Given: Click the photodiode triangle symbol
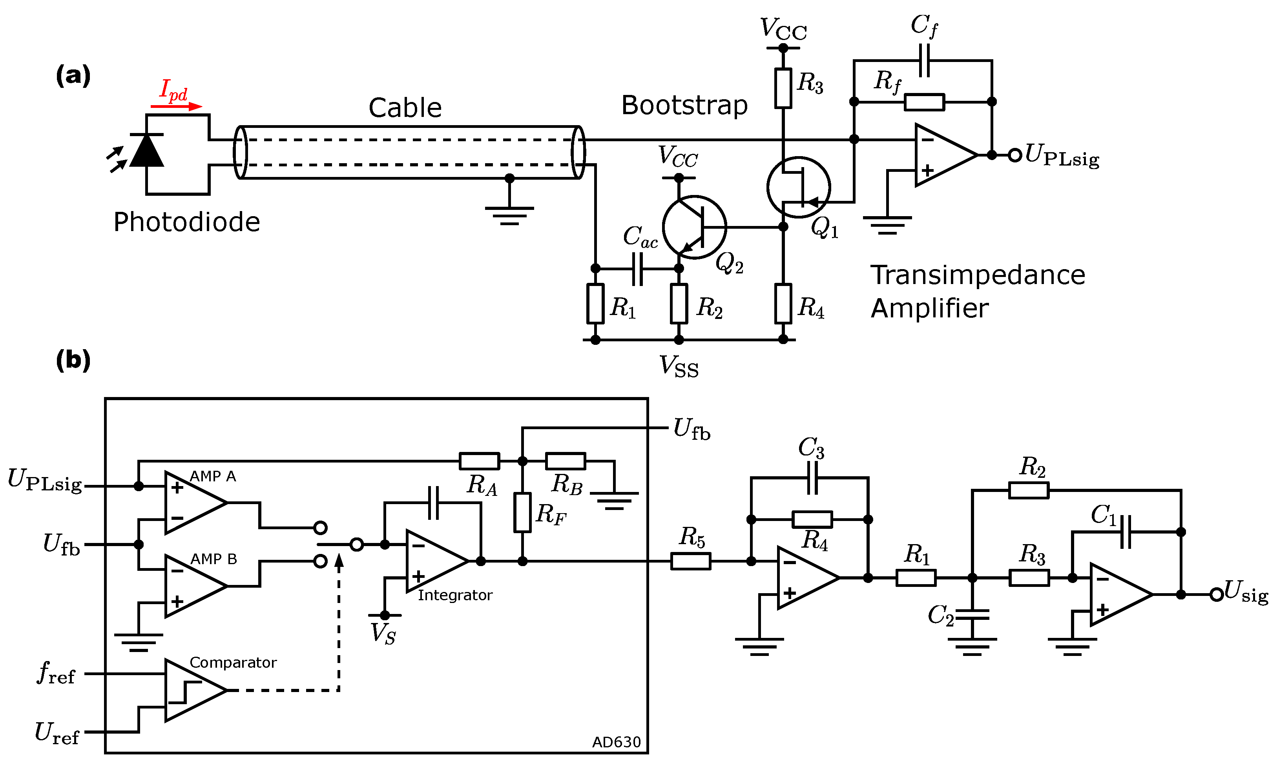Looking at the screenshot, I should pyautogui.click(x=146, y=151).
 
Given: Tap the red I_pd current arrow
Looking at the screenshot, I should pyautogui.click(x=176, y=107).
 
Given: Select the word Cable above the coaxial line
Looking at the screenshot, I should pyautogui.click(x=405, y=108).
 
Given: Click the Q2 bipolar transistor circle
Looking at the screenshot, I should pyautogui.click(x=694, y=227).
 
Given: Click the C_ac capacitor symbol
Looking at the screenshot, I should pyautogui.click(x=637, y=269).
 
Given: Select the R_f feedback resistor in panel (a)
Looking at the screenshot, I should pyautogui.click(x=924, y=102).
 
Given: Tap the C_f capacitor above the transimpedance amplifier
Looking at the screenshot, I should pyautogui.click(x=924, y=60).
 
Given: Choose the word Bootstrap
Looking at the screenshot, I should pyautogui.click(x=684, y=105).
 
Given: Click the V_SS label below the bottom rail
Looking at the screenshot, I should pyautogui.click(x=679, y=366).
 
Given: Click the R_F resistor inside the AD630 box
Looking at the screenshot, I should pyautogui.click(x=522, y=512).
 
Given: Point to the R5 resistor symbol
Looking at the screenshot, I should pyautogui.click(x=690, y=561).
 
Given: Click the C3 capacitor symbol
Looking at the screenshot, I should pyautogui.click(x=812, y=478).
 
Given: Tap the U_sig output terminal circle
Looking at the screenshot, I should pyautogui.click(x=1216, y=594).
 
